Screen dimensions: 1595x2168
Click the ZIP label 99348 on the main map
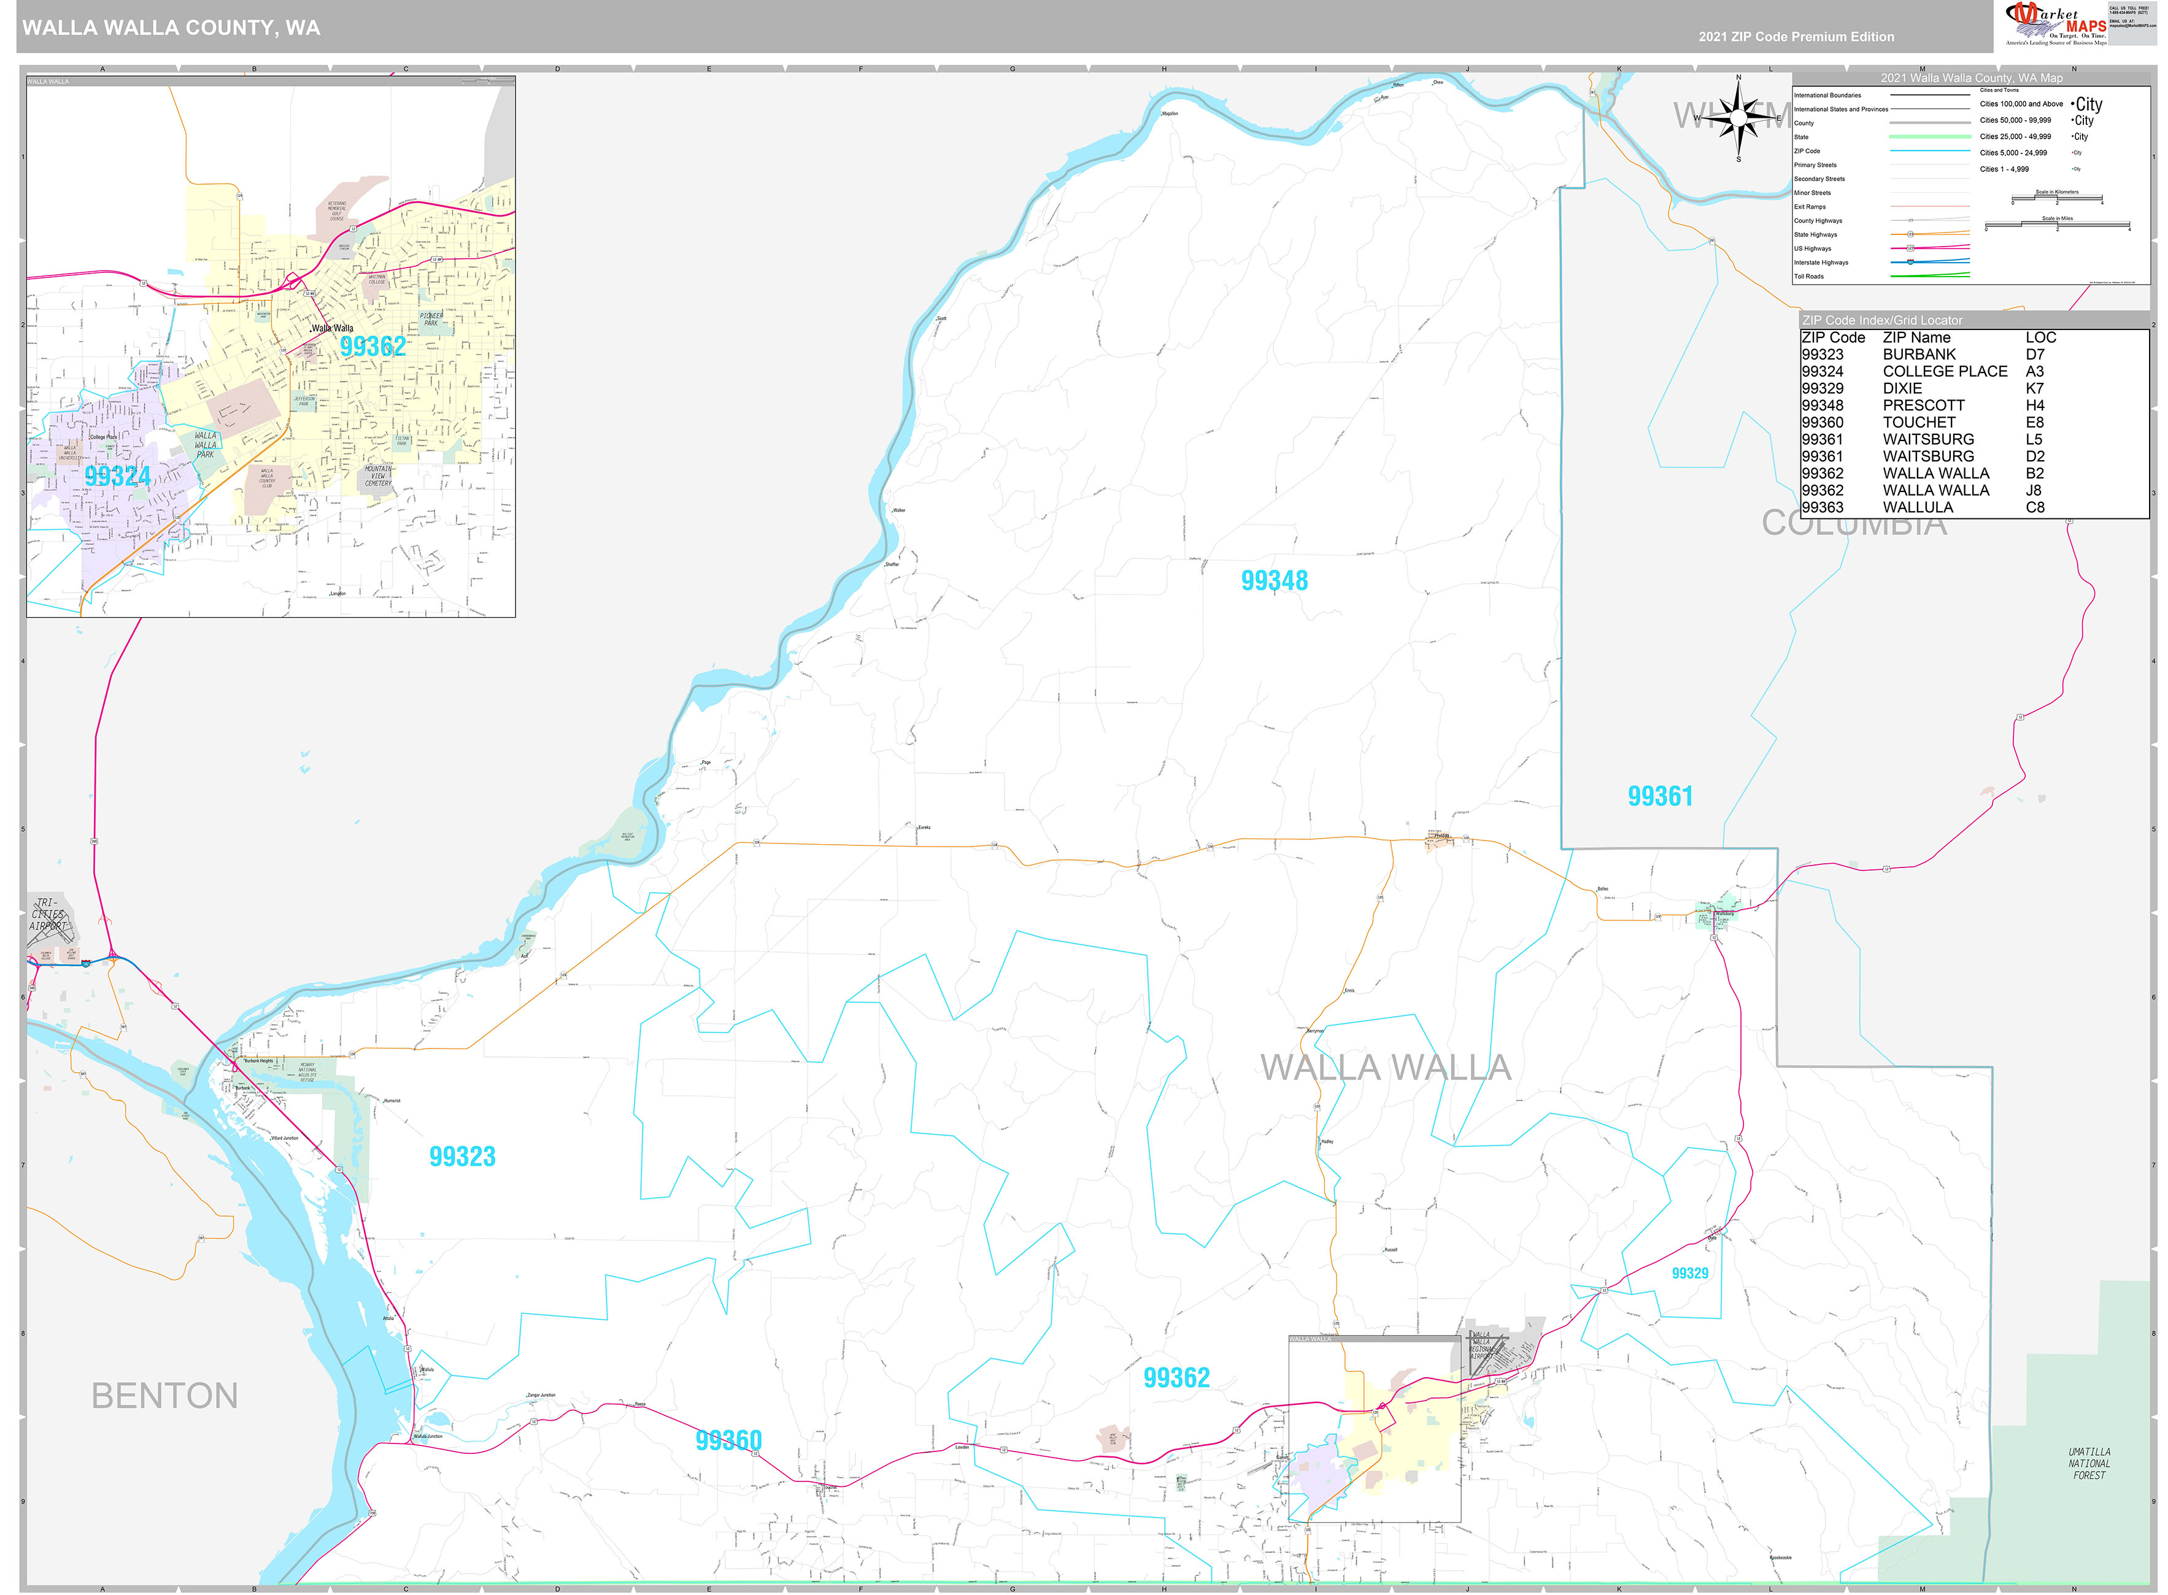pos(1274,581)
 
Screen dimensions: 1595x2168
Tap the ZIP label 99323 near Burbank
pos(461,1156)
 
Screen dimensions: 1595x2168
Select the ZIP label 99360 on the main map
pos(728,1440)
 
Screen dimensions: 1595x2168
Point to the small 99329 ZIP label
pos(1690,1274)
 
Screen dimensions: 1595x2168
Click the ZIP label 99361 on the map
pos(1660,796)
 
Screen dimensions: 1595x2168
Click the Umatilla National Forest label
pos(2089,1464)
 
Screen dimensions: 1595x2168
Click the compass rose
pos(1738,118)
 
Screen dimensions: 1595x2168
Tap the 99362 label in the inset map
pos(372,347)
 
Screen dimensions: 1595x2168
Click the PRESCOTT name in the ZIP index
pos(1923,405)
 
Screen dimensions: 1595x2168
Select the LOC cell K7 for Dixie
pos(2035,388)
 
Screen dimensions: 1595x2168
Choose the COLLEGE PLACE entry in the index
pos(1944,372)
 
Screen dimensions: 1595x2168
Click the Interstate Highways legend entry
pos(1821,263)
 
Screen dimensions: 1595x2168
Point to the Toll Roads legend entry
pos(1809,276)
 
